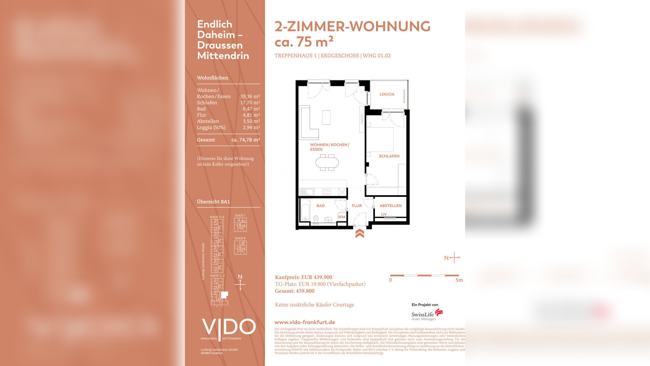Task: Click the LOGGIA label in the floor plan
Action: click(x=387, y=94)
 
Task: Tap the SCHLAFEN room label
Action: click(x=389, y=156)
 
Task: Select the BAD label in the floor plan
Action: click(x=320, y=206)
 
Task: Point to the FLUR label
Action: click(x=357, y=206)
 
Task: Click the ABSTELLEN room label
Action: click(x=390, y=206)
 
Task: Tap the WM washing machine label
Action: click(x=342, y=217)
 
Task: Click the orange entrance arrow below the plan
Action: click(x=360, y=233)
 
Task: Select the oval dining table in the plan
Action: click(x=327, y=162)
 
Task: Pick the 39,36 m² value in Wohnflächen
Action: click(x=250, y=96)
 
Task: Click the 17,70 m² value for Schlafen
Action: click(x=250, y=103)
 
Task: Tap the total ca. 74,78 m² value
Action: click(x=246, y=140)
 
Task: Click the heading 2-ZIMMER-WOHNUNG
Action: click(x=352, y=27)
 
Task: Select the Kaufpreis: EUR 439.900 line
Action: click(x=303, y=277)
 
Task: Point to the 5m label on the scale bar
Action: click(x=459, y=280)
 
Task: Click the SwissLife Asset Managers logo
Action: click(x=427, y=315)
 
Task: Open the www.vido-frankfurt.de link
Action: click(x=305, y=322)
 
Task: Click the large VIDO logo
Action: click(x=228, y=327)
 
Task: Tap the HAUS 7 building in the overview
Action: click(x=240, y=224)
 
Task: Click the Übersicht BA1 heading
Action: click(x=214, y=202)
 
